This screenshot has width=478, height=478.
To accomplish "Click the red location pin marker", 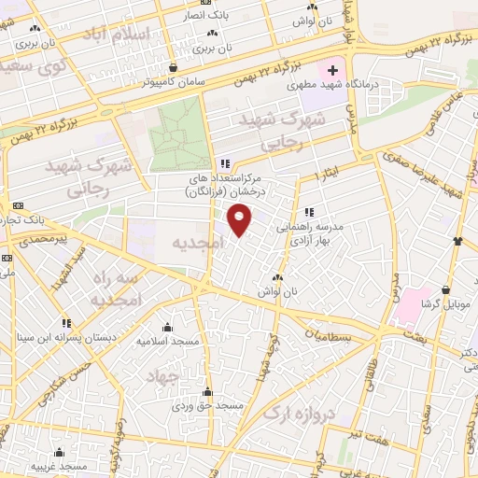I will [241, 220].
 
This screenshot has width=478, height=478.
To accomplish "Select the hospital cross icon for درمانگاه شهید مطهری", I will [332, 70].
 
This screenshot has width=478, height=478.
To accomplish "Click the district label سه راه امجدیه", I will [115, 289].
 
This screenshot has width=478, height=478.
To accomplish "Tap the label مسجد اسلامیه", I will [168, 341].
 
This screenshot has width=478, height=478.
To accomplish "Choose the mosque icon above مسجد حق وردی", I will [207, 392].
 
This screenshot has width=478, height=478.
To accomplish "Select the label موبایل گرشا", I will [443, 305].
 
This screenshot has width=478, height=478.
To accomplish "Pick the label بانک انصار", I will [217, 16].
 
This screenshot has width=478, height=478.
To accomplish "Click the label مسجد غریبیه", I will [59, 465].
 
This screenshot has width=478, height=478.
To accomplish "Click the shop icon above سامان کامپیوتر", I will [175, 67].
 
